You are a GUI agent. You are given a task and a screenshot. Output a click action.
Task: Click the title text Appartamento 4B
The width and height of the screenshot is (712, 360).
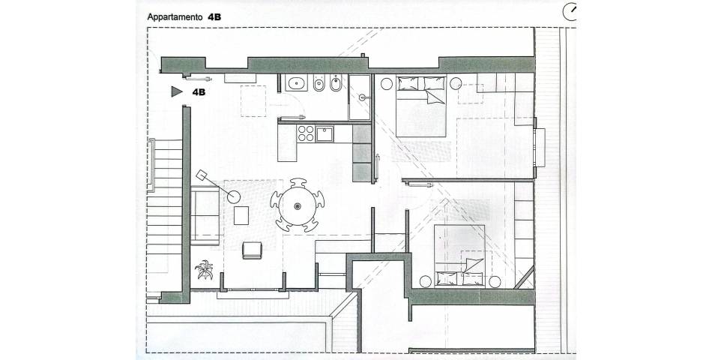click(184, 17)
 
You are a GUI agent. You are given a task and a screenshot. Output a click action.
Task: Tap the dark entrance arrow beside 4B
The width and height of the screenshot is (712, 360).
click(177, 91)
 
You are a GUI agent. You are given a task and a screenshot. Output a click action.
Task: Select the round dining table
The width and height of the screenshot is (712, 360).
click(297, 206)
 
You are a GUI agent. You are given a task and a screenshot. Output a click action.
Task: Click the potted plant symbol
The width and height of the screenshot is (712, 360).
click(205, 269)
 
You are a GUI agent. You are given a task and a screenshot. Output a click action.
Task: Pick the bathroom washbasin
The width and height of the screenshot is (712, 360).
click(297, 83)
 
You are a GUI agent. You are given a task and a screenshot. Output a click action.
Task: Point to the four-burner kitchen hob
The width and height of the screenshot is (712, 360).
click(306, 133)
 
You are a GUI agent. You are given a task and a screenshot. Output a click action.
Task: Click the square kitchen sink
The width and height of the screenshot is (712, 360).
click(325, 133)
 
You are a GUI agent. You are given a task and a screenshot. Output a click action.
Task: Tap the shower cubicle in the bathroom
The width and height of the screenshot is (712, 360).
click(360, 97)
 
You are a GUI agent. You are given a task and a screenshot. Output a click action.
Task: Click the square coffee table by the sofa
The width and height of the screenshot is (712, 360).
click(241, 215)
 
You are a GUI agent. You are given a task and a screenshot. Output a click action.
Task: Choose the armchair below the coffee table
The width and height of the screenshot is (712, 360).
click(252, 250)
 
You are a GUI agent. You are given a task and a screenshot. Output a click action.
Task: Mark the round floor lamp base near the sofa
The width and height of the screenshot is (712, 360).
click(234, 196)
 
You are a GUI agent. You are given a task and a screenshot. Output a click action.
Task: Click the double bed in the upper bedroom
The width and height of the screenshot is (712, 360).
click(421, 106)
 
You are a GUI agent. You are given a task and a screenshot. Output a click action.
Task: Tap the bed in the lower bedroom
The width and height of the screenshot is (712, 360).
click(459, 256)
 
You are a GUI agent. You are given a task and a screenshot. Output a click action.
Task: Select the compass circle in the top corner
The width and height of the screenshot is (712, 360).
click(569, 12)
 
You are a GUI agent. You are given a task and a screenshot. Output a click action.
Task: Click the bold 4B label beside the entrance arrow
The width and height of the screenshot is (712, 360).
click(199, 92)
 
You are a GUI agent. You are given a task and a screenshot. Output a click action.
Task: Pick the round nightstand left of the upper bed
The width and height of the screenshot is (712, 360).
click(387, 84)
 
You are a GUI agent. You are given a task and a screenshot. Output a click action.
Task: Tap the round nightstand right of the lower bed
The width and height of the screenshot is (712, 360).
click(495, 282)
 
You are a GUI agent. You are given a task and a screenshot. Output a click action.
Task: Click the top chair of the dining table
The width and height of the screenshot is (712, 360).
click(298, 183)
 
